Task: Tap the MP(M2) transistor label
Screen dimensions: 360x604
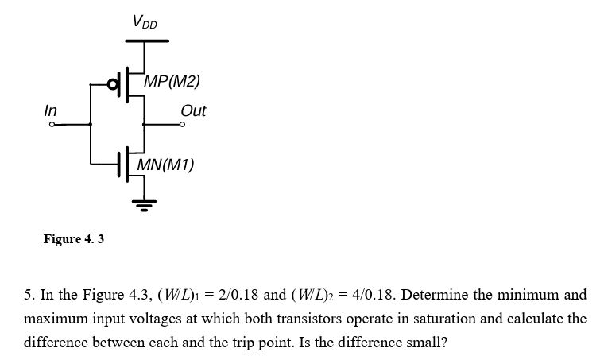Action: tap(172, 82)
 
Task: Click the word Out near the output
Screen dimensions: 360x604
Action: tap(193, 111)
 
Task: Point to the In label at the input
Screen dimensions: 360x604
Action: tap(50, 111)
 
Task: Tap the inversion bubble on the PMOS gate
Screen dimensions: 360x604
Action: tap(112, 83)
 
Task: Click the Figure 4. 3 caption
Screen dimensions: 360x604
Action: tap(73, 238)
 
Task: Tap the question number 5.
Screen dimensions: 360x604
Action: tap(28, 295)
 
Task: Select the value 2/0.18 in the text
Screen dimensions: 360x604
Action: tap(236, 295)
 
